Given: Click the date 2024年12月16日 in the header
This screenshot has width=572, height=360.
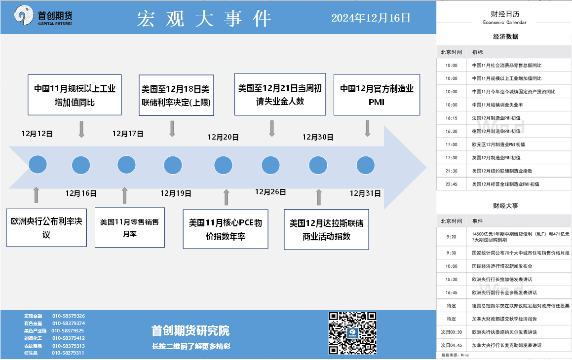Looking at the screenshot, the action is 371,18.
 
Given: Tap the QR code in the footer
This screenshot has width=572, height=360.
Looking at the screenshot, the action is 352,333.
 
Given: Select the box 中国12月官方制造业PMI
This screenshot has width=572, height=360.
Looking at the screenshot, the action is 377,95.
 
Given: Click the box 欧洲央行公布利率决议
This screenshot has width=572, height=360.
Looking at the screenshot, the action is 46,228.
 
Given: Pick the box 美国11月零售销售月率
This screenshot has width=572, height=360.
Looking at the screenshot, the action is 129,227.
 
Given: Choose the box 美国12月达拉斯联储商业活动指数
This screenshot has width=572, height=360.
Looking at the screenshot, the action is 327,229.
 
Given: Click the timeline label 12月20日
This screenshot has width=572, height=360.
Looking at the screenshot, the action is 223,138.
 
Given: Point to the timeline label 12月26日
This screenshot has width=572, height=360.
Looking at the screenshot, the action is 270,192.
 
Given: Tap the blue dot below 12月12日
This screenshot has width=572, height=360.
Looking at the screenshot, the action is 38,164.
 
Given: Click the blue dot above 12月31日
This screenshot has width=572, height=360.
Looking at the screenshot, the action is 366,165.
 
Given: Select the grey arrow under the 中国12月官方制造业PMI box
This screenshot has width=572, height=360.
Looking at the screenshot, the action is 367,128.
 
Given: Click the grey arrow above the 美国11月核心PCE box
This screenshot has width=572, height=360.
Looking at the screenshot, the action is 227,197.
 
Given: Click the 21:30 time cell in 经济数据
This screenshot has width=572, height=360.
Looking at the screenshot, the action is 451,171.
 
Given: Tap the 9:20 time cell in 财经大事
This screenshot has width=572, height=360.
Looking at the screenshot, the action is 451,237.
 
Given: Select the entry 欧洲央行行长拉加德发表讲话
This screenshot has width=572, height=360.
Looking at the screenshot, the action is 502,280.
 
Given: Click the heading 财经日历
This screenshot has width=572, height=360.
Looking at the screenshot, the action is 505,14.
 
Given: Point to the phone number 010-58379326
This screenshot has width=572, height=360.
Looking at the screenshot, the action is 69,316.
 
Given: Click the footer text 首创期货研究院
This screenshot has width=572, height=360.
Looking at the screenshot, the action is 191,331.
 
